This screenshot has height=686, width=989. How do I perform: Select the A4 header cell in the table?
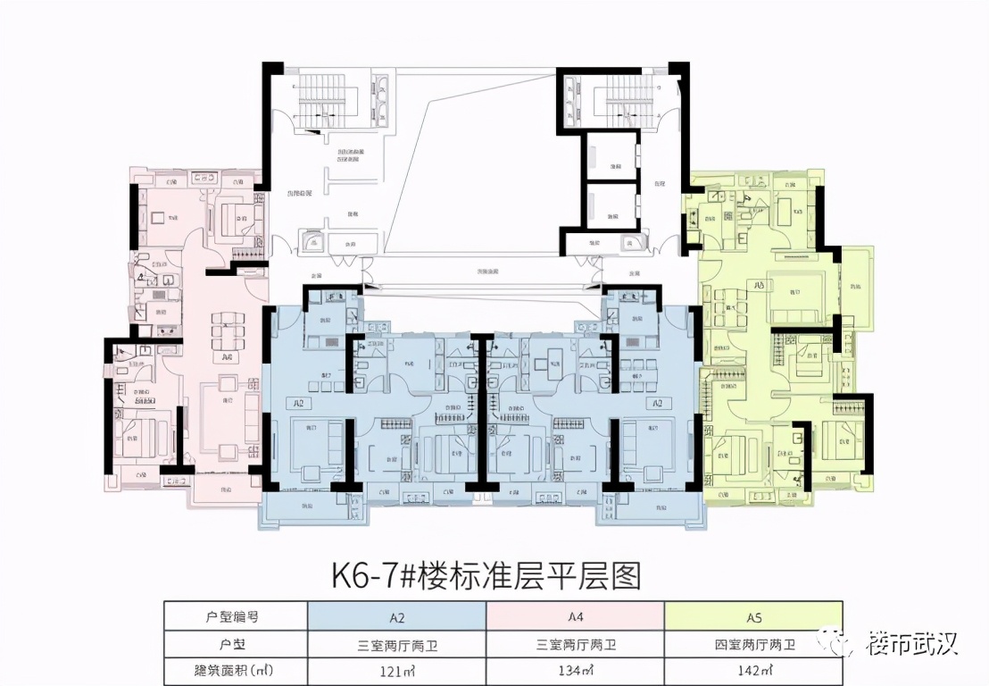[x=575, y=615]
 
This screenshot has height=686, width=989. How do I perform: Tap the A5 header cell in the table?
[x=753, y=615]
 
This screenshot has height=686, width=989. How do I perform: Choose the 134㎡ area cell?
[x=575, y=669]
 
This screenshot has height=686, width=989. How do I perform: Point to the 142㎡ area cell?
[x=753, y=669]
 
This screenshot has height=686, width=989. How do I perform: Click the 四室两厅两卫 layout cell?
[x=753, y=643]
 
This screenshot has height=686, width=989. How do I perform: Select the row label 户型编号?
[x=235, y=615]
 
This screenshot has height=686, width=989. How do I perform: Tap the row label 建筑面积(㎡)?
[x=235, y=669]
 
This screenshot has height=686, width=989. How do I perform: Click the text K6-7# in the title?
[x=369, y=574]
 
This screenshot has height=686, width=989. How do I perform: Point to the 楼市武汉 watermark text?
[x=911, y=642]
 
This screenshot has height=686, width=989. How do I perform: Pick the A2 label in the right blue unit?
[x=657, y=404]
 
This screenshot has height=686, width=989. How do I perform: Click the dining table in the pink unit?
[x=225, y=336]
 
